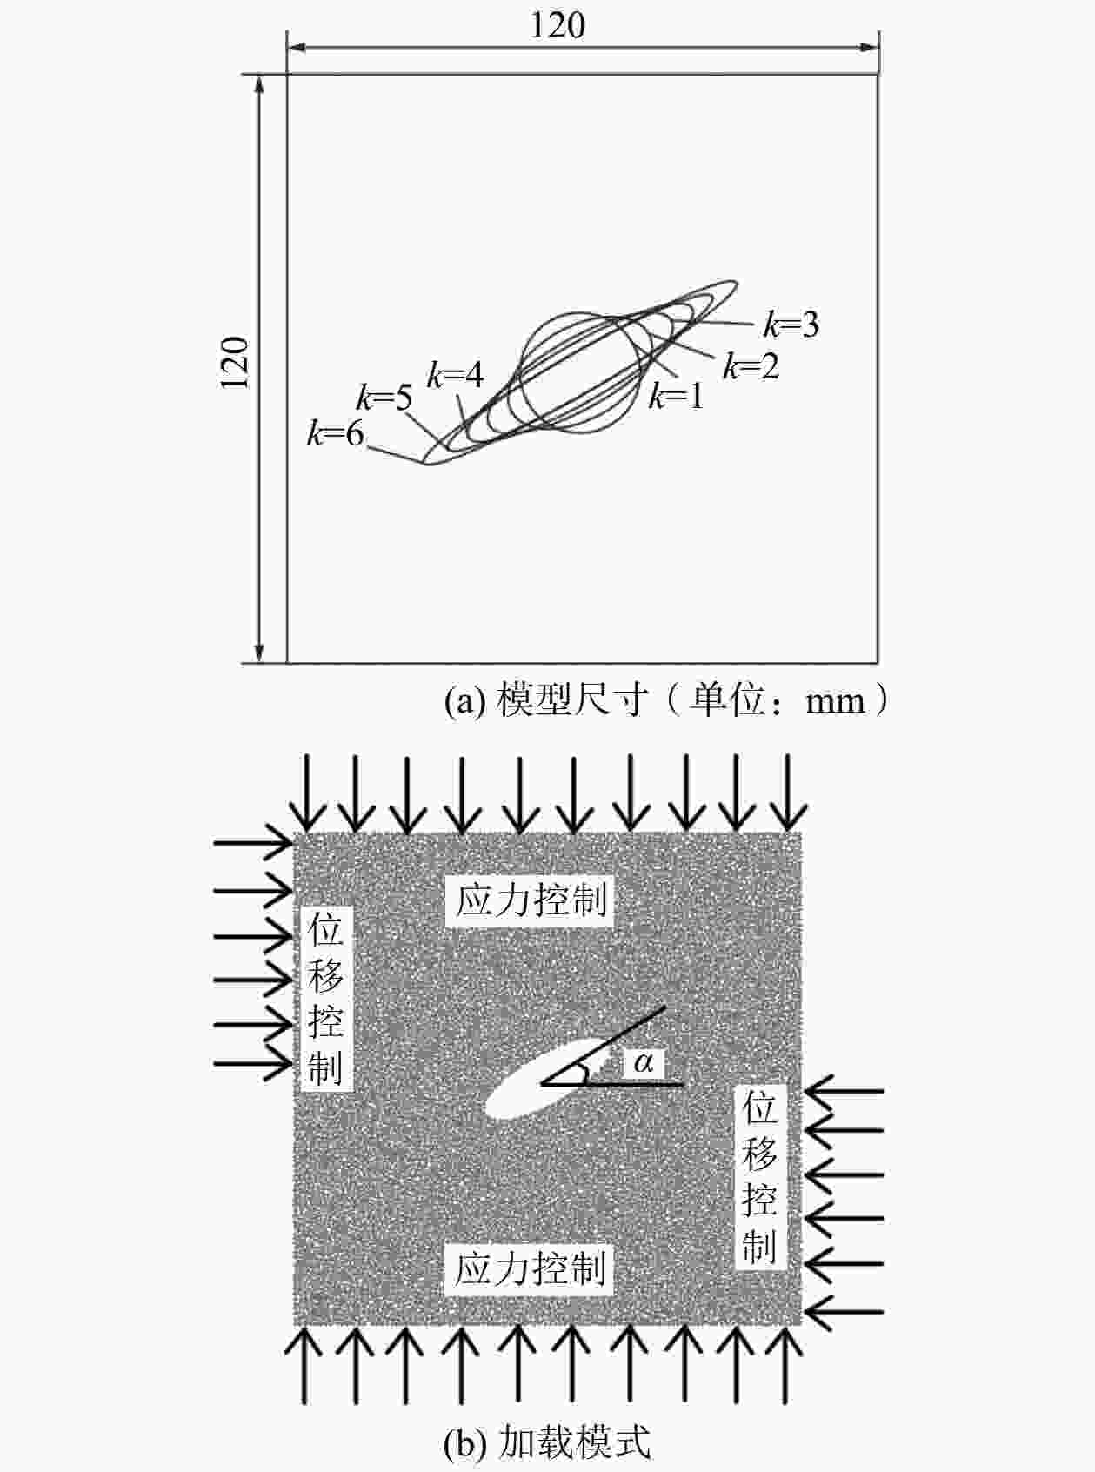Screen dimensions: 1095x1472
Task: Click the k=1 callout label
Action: [x=676, y=396]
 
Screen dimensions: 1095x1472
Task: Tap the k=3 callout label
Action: [x=791, y=325]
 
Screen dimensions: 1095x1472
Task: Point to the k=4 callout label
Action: [x=455, y=375]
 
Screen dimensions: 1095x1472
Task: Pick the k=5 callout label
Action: [x=384, y=398]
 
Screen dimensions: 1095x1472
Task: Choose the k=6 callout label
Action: [x=336, y=435]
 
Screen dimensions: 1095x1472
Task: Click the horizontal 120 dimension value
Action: [x=558, y=26]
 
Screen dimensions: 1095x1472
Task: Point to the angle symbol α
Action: [x=644, y=1062]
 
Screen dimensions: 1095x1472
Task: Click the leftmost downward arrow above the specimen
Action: [x=308, y=793]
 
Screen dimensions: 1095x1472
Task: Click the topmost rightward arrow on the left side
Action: [x=253, y=844]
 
